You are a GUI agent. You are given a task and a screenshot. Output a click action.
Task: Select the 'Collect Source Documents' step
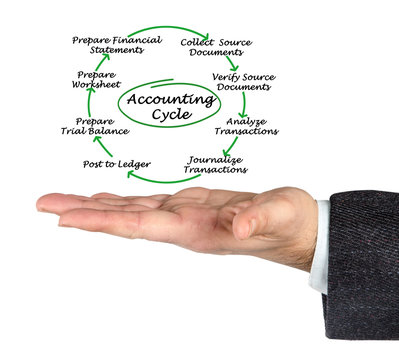click(x=216, y=48)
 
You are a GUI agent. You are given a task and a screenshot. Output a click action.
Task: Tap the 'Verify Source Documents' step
click(x=244, y=82)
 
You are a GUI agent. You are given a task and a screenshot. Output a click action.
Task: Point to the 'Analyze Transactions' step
click(x=246, y=126)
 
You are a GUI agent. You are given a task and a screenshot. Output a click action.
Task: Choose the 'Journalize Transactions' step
click(x=215, y=165)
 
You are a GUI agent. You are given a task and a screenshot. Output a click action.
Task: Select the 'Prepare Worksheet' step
click(x=96, y=81)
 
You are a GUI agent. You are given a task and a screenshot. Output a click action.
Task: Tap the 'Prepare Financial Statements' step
click(x=117, y=45)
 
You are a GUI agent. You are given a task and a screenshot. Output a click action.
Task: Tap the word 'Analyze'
click(x=246, y=120)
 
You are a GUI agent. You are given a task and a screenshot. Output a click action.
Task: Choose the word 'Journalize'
click(x=215, y=159)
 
